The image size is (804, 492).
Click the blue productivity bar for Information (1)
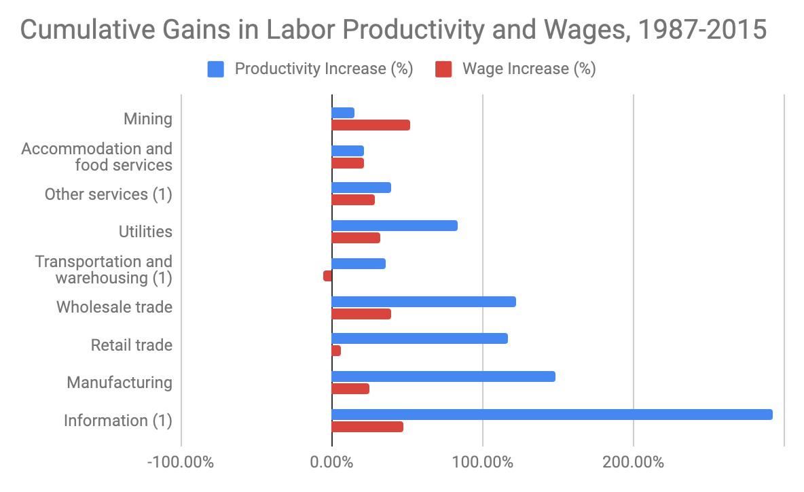tap(551, 415)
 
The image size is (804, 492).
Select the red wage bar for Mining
tap(370, 125)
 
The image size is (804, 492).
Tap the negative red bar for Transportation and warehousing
tap(327, 276)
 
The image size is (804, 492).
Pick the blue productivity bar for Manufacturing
tap(443, 376)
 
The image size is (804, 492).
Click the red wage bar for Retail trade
tap(336, 351)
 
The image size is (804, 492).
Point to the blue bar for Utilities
tap(394, 226)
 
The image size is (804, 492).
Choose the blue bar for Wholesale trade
tap(423, 302)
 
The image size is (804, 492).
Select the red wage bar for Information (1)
tap(367, 427)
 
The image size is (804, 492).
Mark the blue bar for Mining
tap(342, 113)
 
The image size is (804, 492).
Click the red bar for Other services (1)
tap(352, 200)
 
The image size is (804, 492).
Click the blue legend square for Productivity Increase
tap(215, 69)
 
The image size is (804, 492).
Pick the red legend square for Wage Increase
tap(443, 69)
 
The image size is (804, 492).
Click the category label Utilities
tap(145, 232)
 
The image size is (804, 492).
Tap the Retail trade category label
tap(131, 345)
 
